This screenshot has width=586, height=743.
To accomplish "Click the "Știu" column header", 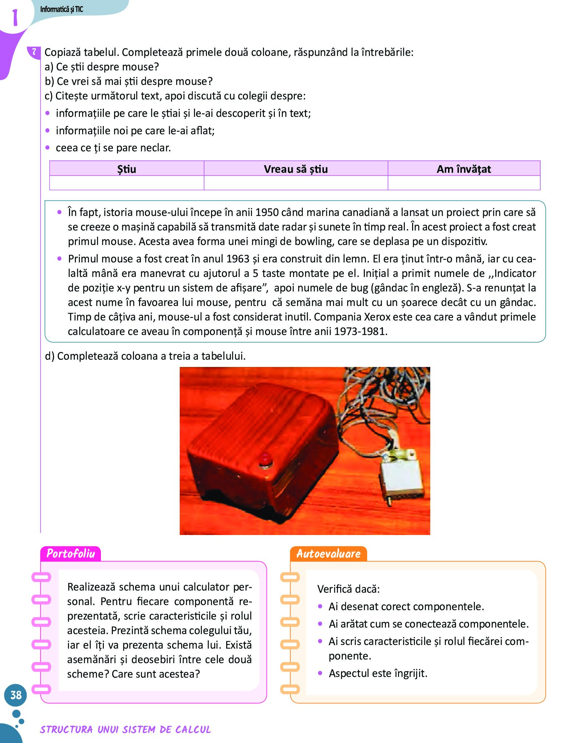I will (126, 169).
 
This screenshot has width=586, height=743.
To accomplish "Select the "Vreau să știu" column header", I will (296, 169).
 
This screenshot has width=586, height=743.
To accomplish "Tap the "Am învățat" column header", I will (464, 169).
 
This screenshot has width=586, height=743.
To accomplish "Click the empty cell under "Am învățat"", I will (464, 183).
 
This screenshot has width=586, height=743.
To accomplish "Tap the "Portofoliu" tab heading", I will (70, 554).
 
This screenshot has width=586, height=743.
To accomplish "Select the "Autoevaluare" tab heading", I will (328, 554).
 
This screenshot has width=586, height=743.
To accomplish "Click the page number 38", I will (16, 695).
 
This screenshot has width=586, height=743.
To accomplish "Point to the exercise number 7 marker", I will (34, 52).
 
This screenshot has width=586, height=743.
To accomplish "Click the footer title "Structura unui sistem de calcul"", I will (125, 729).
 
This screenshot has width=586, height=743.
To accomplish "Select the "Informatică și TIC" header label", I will (61, 9).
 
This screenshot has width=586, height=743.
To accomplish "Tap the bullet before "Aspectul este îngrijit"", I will (320, 673).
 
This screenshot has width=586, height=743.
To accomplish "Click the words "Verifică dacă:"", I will (349, 589).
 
